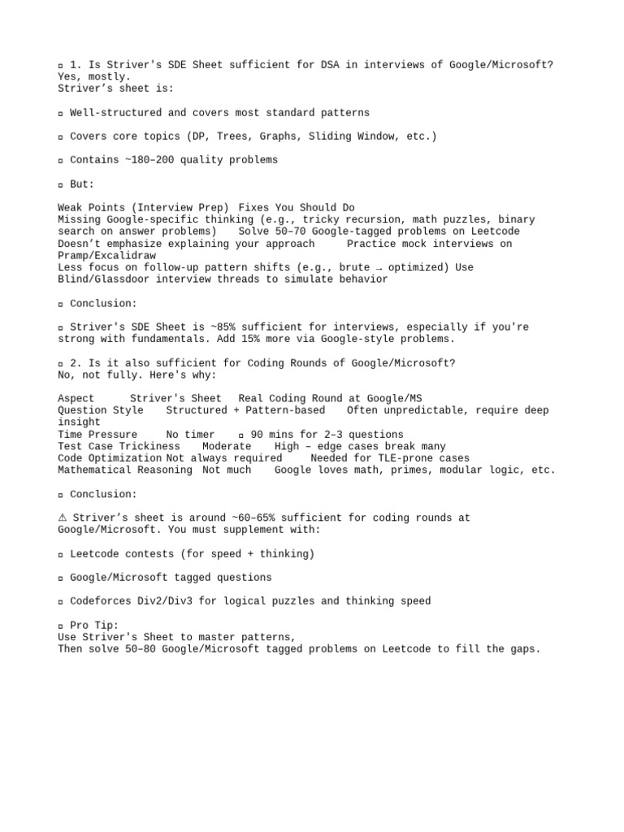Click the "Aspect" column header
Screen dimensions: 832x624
(76, 398)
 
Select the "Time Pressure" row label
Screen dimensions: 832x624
(97, 435)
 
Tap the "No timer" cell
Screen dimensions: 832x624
(190, 435)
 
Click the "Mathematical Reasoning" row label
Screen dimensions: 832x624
(125, 470)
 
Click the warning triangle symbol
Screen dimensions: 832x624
(63, 518)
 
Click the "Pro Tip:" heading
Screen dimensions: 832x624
(93, 625)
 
